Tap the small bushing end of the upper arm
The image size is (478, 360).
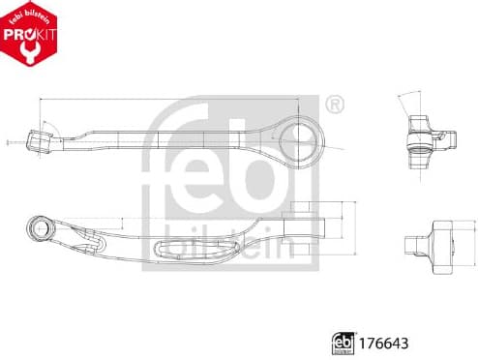pyautogui.click(x=42, y=141)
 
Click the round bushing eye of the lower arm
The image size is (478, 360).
pyautogui.click(x=42, y=228)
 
